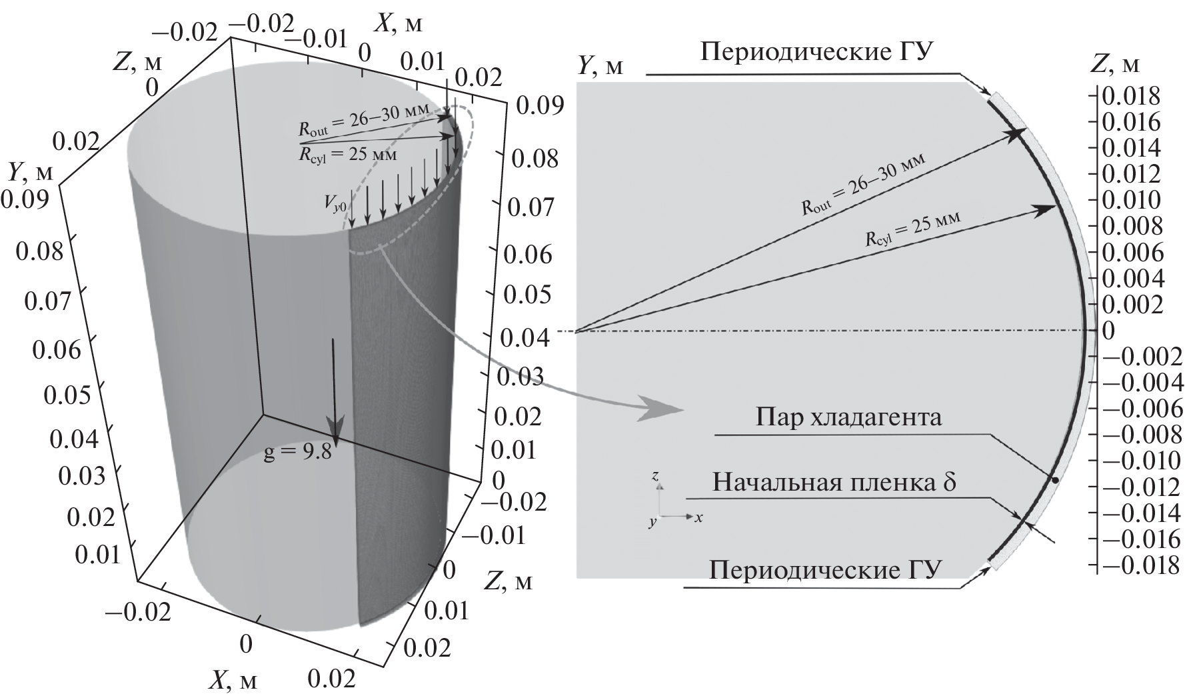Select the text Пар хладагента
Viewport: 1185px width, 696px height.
pos(850,419)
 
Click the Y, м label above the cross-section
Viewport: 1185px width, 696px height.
pos(600,65)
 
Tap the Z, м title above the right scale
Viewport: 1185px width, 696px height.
pos(1116,63)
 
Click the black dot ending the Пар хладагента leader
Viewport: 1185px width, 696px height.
pos(1054,479)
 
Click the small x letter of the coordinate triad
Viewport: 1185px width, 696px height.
pos(698,517)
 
